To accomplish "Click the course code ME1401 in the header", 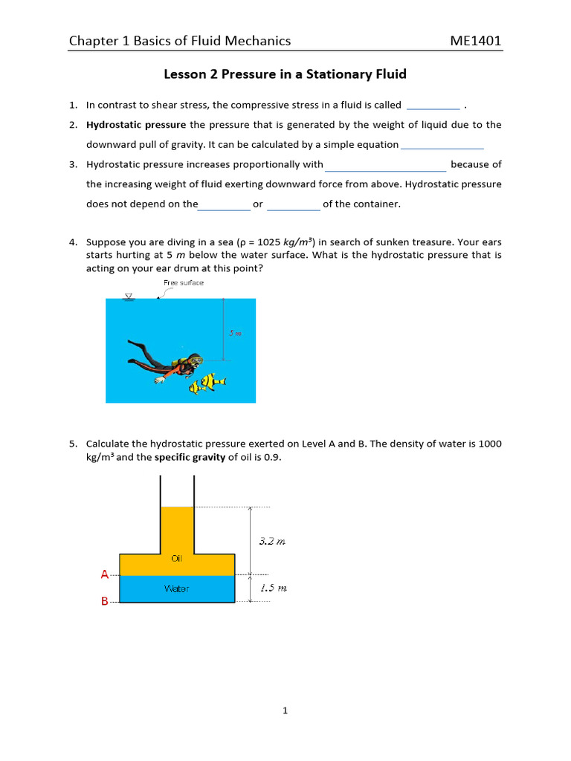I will click(x=476, y=41).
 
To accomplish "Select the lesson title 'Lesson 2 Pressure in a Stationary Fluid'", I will click(x=285, y=74).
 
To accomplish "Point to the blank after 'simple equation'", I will click(x=442, y=146).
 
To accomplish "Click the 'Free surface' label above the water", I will click(x=183, y=282).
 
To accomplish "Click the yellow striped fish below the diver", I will click(x=207, y=383).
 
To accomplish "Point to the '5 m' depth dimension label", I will click(x=235, y=334).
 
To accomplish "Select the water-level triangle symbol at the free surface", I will click(x=129, y=296).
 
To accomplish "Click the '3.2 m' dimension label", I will click(x=272, y=541).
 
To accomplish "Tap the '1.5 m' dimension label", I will click(x=273, y=588).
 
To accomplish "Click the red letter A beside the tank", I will click(x=104, y=574).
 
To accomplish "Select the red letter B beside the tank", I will click(x=104, y=601).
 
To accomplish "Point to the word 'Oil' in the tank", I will click(x=177, y=558).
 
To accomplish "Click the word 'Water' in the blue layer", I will click(x=176, y=589).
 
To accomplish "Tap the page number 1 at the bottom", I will click(x=285, y=710).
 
